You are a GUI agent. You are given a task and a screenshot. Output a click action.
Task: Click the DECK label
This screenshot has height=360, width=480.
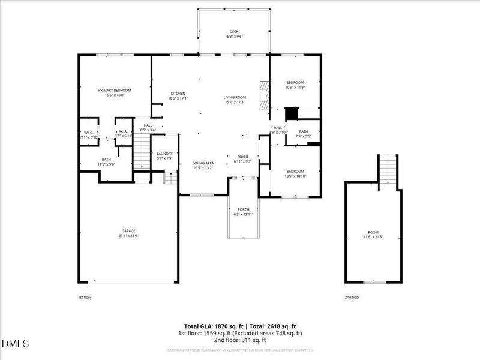233,32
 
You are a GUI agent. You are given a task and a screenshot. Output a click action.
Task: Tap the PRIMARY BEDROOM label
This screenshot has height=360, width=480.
114,90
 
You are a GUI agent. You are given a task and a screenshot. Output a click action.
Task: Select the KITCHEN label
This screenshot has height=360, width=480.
178,94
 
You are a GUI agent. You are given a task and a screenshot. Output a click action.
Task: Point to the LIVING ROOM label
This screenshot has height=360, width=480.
235,97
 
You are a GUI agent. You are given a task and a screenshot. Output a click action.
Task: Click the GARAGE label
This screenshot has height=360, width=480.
128,230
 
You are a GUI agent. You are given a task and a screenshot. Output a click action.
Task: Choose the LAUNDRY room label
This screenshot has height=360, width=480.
165,154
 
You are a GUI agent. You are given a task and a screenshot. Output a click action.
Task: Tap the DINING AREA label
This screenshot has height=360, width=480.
203,163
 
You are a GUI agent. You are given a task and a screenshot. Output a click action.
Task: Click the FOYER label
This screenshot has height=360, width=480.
242,156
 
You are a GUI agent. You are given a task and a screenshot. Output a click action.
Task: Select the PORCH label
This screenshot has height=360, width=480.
243,209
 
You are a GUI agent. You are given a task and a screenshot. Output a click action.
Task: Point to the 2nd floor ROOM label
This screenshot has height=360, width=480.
373,232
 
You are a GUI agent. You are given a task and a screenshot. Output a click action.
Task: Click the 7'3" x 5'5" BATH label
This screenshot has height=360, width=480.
304,131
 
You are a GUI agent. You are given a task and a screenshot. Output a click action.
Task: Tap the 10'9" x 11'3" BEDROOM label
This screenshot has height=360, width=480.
295,83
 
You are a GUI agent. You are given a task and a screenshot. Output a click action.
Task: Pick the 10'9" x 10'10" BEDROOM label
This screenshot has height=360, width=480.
295,171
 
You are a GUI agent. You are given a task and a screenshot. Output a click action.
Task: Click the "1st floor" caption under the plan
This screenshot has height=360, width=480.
85,297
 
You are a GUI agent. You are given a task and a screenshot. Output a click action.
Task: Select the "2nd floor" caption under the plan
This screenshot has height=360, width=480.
352,297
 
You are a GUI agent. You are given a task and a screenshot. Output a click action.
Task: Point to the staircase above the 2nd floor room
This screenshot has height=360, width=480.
388,169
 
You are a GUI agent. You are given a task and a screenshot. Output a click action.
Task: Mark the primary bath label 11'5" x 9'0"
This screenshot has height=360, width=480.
106,164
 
